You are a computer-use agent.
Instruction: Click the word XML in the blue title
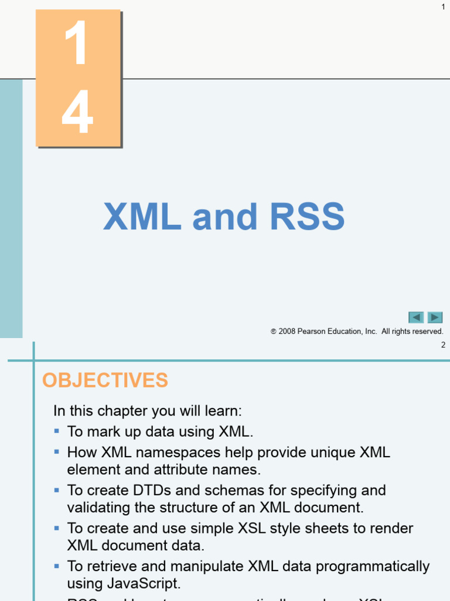pyautogui.click(x=142, y=217)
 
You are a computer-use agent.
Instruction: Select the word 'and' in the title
pyautogui.click(x=225, y=217)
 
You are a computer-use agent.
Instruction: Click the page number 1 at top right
pyautogui.click(x=443, y=6)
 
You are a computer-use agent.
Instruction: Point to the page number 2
pyautogui.click(x=443, y=345)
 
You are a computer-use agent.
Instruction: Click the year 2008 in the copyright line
pyautogui.click(x=288, y=332)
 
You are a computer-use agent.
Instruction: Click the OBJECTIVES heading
pyautogui.click(x=105, y=380)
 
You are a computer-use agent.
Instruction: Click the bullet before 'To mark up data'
pyautogui.click(x=57, y=431)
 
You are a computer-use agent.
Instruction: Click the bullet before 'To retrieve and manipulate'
pyautogui.click(x=57, y=566)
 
